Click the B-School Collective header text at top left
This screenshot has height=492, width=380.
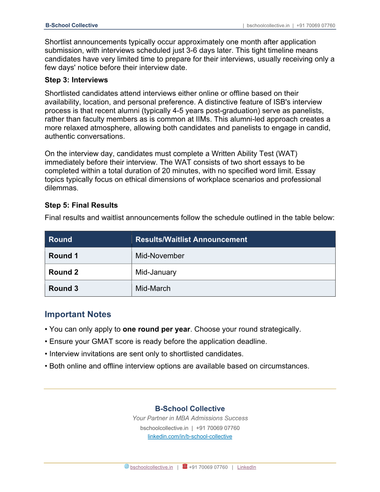[71, 25]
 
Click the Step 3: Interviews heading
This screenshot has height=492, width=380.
[76, 80]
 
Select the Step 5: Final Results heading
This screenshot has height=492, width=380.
[81, 205]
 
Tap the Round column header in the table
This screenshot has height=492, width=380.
[60, 239]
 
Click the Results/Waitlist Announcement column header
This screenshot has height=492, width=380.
[191, 239]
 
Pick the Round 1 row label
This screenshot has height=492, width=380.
[63, 256]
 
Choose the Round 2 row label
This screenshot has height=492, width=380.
[63, 272]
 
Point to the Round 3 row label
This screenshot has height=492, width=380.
[63, 288]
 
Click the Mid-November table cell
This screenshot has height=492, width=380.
[160, 256]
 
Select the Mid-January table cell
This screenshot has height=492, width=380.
[156, 272]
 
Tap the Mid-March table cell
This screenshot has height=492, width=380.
[153, 288]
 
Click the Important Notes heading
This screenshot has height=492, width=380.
[78, 314]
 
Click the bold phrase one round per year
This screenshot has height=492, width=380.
[156, 329]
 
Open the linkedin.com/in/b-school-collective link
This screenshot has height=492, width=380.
[190, 437]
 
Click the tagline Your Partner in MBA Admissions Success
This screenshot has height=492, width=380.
[190, 418]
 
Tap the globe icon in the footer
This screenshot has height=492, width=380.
[127, 467]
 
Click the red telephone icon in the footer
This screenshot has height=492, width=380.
[185, 467]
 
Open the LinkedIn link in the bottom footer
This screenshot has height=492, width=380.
[247, 467]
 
